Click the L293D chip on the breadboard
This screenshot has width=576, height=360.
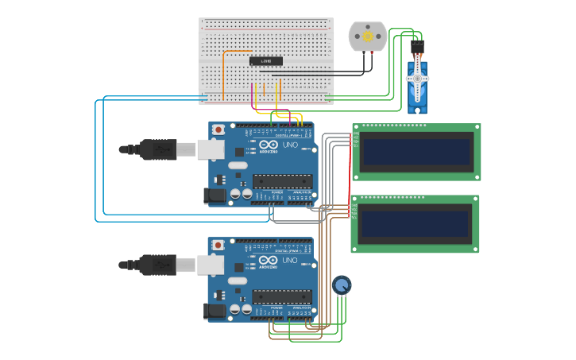tap(265, 61)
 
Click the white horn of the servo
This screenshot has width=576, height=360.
tap(417, 78)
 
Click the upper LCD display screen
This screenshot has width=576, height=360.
tap(416, 152)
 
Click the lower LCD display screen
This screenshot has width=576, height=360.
tap(415, 223)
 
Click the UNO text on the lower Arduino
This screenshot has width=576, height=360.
tap(289, 261)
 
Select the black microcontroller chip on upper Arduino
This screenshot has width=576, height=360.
tap(281, 181)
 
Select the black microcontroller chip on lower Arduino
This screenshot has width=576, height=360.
tap(281, 296)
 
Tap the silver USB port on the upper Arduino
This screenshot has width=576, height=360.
tap(211, 149)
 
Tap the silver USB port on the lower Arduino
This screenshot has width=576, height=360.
tap(211, 264)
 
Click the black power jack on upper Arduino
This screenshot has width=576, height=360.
tap(214, 195)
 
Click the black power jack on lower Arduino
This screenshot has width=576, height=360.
tap(214, 311)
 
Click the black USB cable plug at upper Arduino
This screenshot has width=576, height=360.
tap(159, 149)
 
